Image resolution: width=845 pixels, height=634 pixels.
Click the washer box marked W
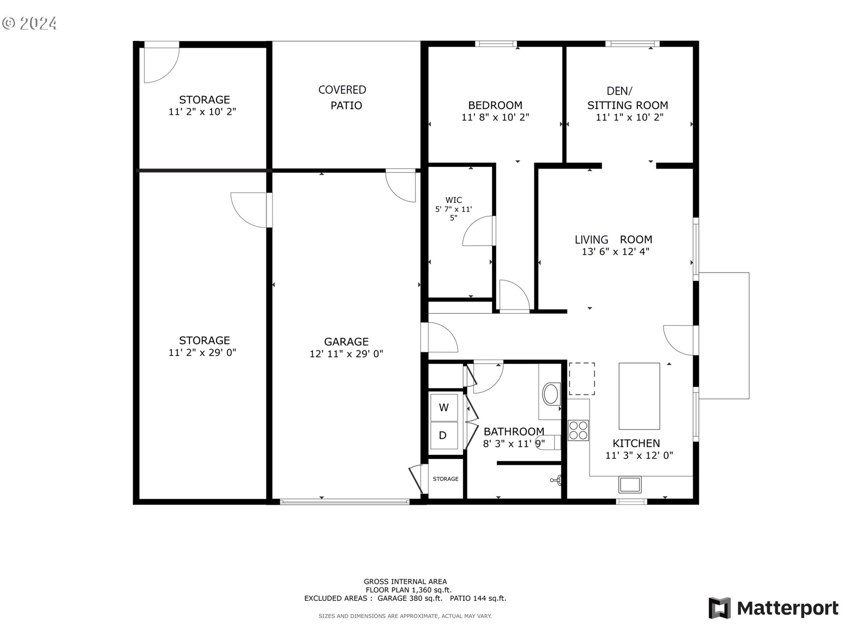pyautogui.click(x=444, y=408)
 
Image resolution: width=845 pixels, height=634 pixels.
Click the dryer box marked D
pyautogui.click(x=443, y=435)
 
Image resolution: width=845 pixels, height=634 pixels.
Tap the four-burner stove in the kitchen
pyautogui.click(x=578, y=431)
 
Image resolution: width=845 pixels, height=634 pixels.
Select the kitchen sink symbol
pyautogui.click(x=630, y=485)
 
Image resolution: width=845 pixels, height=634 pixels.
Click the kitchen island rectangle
pyautogui.click(x=639, y=396)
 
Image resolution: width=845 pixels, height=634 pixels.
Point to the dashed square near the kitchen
pyautogui.click(x=581, y=379)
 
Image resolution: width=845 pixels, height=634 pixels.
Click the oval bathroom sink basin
pyautogui.click(x=551, y=394)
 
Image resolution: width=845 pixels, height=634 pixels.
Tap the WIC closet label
pyautogui.click(x=453, y=200)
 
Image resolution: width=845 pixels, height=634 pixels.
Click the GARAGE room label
pyautogui.click(x=346, y=342)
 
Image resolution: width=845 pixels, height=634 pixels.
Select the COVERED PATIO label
pyautogui.click(x=343, y=97)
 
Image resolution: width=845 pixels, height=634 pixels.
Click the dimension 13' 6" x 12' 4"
pyautogui.click(x=615, y=252)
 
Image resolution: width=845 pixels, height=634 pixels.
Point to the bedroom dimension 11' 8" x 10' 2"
pyautogui.click(x=495, y=118)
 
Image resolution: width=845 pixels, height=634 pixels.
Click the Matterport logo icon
pyautogui.click(x=719, y=608)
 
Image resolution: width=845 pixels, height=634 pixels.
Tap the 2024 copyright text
pyautogui.click(x=30, y=23)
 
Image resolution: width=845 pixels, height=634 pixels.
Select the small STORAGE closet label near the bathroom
pyautogui.click(x=445, y=479)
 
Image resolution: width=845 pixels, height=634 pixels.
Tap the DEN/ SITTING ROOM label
pyautogui.click(x=627, y=98)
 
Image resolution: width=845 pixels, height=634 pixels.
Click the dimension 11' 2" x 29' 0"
pyautogui.click(x=202, y=353)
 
